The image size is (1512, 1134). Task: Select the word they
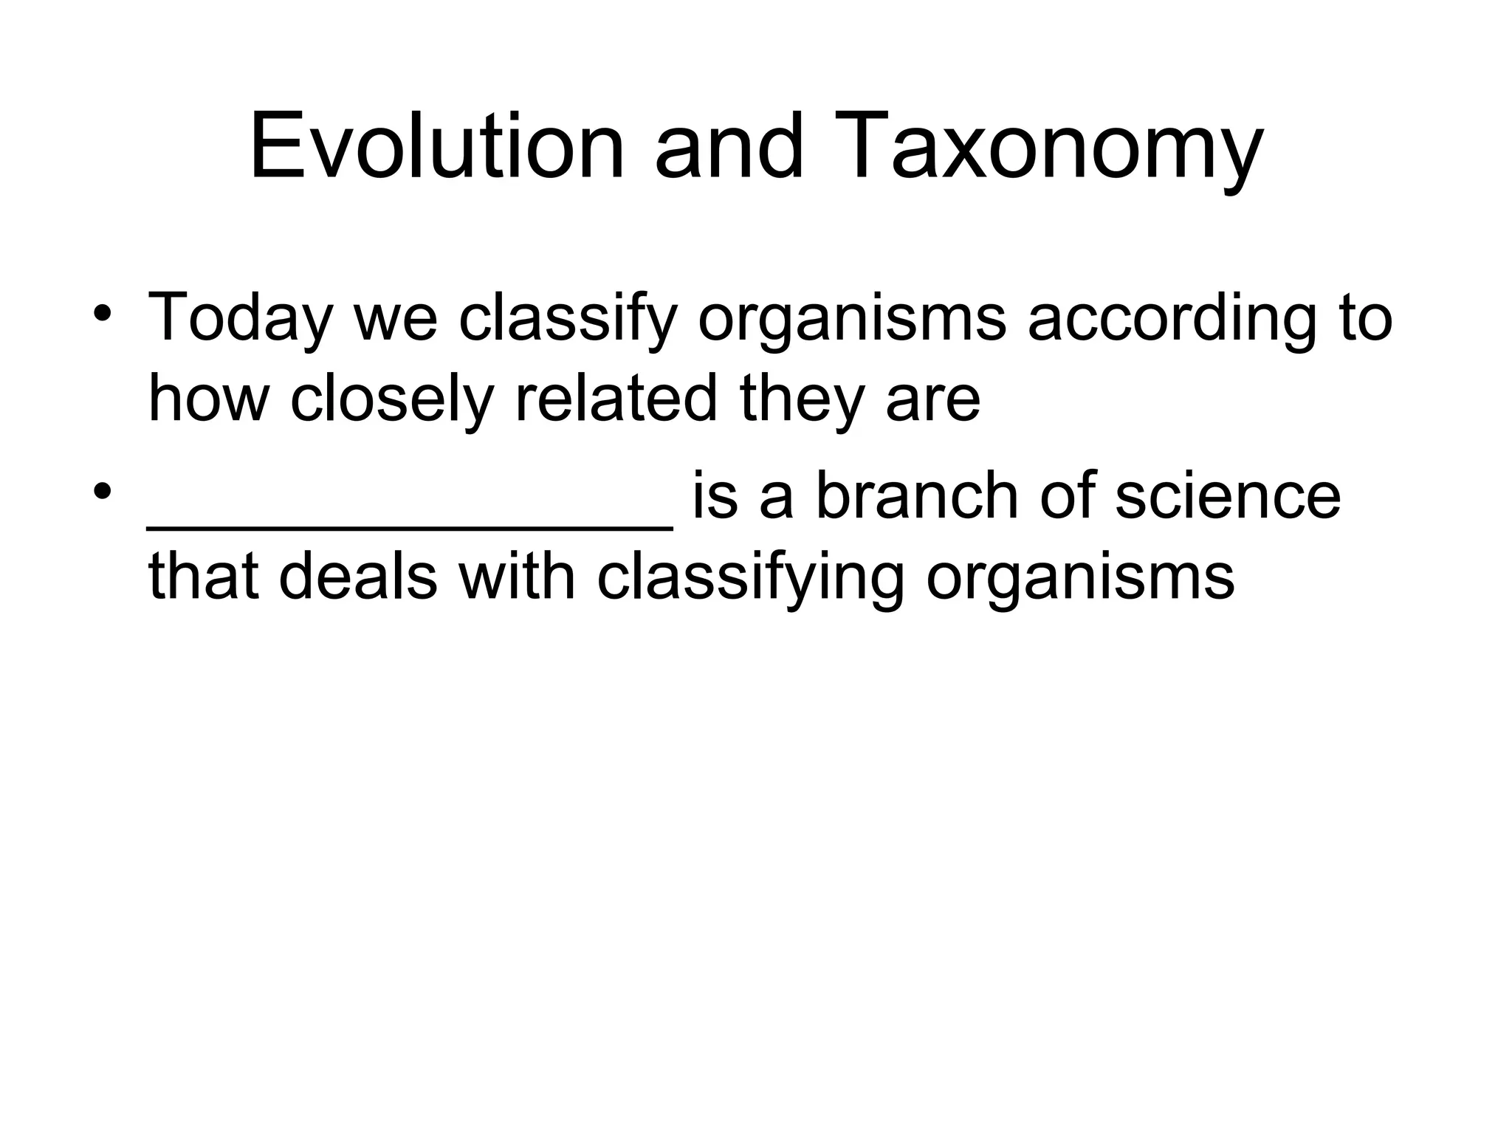pos(801,401)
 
